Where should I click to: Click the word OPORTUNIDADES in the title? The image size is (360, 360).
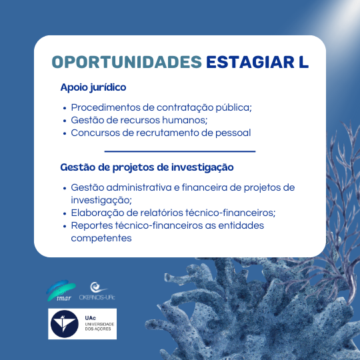click(x=127, y=62)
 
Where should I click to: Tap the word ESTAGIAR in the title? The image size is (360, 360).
click(x=250, y=62)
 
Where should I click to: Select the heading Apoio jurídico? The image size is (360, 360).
click(x=93, y=88)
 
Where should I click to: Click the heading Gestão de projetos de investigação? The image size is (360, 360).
click(x=147, y=167)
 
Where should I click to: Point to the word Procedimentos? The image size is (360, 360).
click(x=105, y=107)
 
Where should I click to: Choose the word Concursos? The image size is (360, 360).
click(x=95, y=133)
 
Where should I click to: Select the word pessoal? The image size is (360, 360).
click(x=233, y=133)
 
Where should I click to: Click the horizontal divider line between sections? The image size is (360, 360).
click(x=180, y=151)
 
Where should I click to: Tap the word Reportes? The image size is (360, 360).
click(x=92, y=226)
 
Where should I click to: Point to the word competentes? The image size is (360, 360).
click(x=101, y=239)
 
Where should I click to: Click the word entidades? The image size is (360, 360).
click(x=241, y=225)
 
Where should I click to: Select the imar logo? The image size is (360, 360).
click(x=61, y=291)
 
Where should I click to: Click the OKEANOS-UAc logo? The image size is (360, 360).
click(x=97, y=291)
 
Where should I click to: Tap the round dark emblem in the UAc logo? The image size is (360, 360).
click(x=65, y=324)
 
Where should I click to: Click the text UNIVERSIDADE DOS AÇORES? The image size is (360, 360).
click(x=99, y=327)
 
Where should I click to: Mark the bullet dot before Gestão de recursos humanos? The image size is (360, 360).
click(x=65, y=121)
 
